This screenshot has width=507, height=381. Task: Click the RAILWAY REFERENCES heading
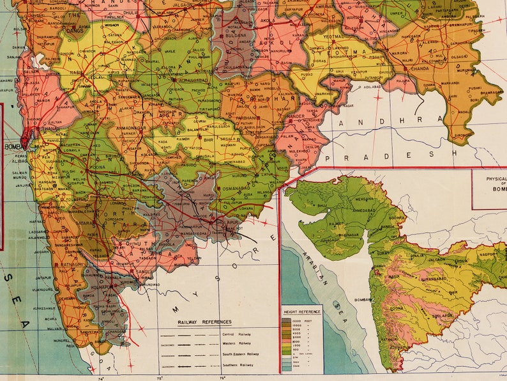[204, 322]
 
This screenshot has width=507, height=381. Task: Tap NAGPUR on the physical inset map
[488, 253]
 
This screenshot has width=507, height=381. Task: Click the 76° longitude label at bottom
[222, 377]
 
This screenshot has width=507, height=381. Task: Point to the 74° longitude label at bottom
[101, 377]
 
